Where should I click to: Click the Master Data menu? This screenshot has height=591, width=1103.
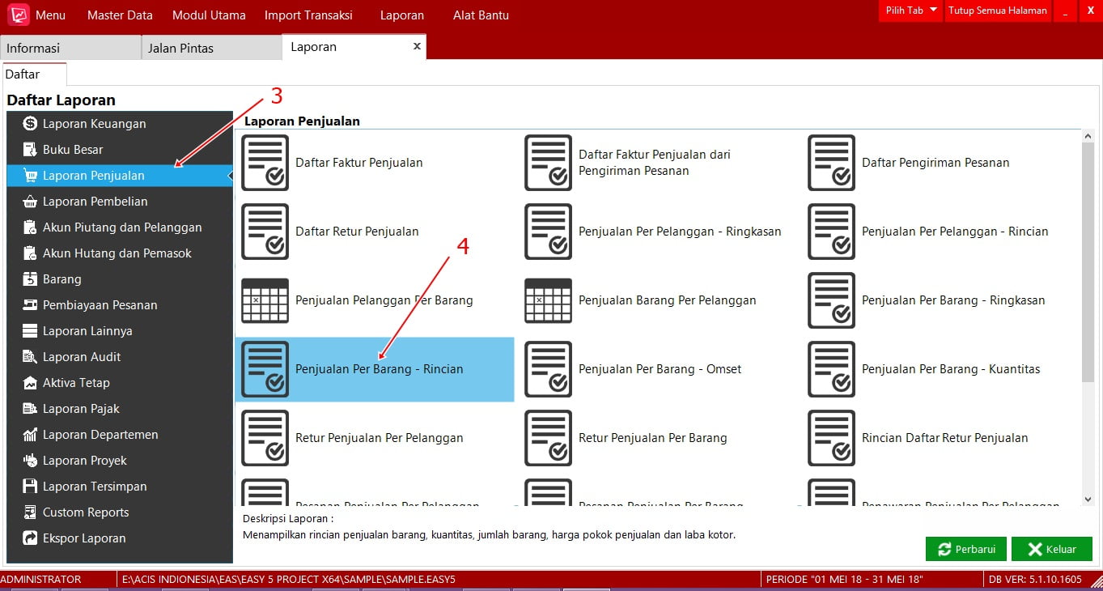pyautogui.click(x=120, y=15)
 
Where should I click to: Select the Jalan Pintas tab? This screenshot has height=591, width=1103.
pyautogui.click(x=180, y=48)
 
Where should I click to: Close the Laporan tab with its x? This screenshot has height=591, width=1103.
pyautogui.click(x=417, y=46)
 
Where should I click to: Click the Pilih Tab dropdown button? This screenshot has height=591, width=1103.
pyautogui.click(x=911, y=11)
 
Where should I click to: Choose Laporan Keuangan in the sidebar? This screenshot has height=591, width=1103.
pyautogui.click(x=94, y=124)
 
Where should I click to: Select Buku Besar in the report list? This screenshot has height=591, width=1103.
pyautogui.click(x=73, y=150)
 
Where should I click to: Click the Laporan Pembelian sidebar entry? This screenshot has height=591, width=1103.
pyautogui.click(x=95, y=202)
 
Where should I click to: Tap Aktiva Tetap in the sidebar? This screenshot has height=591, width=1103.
pyautogui.click(x=76, y=383)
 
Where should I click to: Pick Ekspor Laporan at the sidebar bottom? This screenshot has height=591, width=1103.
pyautogui.click(x=84, y=538)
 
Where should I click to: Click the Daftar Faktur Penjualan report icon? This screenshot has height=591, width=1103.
pyautogui.click(x=265, y=163)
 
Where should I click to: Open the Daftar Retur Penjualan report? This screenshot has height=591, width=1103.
pyautogui.click(x=357, y=232)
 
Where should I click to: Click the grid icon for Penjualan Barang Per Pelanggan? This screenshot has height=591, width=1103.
pyautogui.click(x=548, y=300)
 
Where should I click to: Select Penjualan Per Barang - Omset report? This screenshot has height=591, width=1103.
pyautogui.click(x=660, y=369)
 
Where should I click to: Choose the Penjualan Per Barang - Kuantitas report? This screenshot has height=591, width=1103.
pyautogui.click(x=950, y=369)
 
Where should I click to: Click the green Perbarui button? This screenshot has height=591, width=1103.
pyautogui.click(x=965, y=549)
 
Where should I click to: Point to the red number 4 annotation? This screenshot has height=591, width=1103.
pyautogui.click(x=463, y=247)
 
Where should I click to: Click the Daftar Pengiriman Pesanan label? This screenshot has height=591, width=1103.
pyautogui.click(x=935, y=163)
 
